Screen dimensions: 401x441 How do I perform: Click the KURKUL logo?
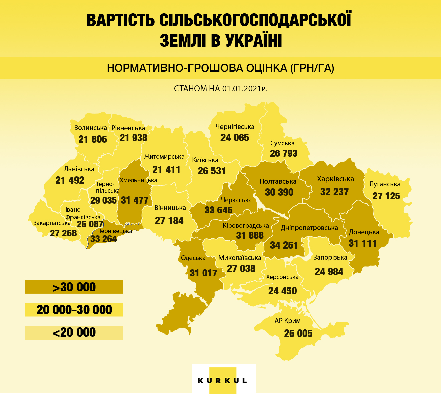223,380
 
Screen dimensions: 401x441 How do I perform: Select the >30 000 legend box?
74,287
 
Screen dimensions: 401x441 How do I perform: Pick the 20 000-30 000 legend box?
74,310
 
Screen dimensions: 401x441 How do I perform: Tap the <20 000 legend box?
74,332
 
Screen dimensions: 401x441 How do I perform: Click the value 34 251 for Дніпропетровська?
284,245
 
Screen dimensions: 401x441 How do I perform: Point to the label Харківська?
335,179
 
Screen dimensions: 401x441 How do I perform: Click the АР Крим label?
288,321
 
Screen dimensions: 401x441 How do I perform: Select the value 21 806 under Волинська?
93,139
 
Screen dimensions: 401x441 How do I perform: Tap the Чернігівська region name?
235,127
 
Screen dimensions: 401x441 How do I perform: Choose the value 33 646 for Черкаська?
218,210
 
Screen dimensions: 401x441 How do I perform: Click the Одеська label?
193,258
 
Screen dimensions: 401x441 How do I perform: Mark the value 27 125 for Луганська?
386,196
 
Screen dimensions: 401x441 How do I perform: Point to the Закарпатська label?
52,223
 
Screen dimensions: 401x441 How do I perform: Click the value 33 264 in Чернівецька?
104,239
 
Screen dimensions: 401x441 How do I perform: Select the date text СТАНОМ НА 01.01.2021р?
220,89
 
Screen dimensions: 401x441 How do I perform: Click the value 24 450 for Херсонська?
283,291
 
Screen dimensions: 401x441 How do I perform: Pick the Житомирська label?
164,157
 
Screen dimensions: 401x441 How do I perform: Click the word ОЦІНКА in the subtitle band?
267,68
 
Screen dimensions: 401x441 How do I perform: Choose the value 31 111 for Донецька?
362,243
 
